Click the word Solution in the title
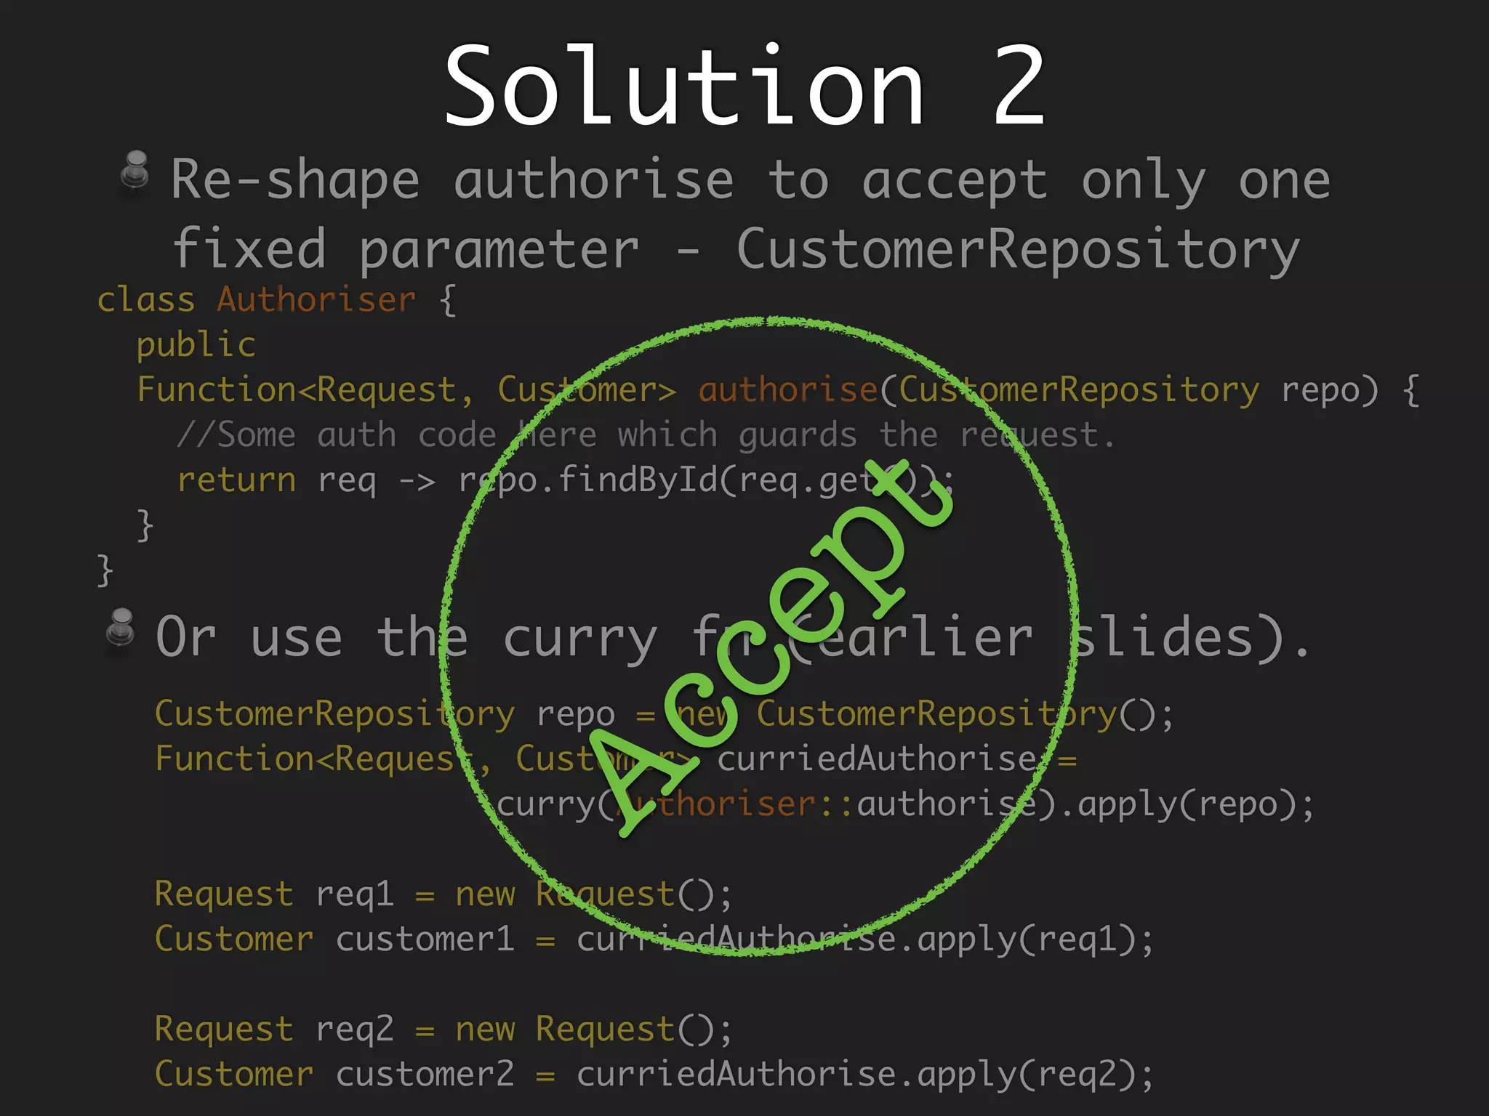pyautogui.click(x=683, y=86)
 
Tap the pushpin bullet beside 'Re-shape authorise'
pyautogui.click(x=135, y=171)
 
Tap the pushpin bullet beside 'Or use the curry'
pyautogui.click(x=121, y=628)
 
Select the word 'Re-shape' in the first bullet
pyautogui.click(x=295, y=180)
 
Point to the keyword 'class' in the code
pyautogui.click(x=146, y=300)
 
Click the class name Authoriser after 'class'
pyautogui.click(x=316, y=300)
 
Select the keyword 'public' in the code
pyautogui.click(x=196, y=344)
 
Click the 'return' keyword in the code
pyautogui.click(x=236, y=480)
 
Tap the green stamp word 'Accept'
pyautogui.click(x=771, y=647)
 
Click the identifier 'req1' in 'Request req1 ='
pyautogui.click(x=355, y=894)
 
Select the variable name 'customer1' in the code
pyautogui.click(x=425, y=939)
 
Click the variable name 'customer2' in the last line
pyautogui.click(x=425, y=1075)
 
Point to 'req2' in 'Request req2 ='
pyautogui.click(x=355, y=1030)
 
